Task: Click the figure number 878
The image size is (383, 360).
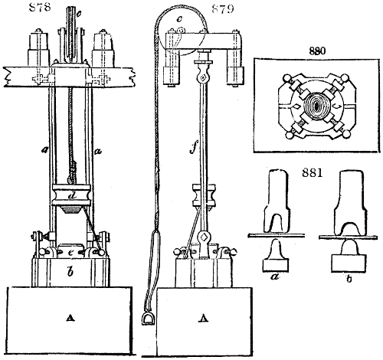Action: [40, 7]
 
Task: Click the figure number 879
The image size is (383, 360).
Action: [223, 9]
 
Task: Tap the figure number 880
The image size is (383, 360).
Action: [317, 51]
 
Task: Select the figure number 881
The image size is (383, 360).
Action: [312, 173]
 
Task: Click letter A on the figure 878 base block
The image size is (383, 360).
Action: [70, 318]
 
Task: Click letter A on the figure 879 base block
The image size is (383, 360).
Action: [204, 318]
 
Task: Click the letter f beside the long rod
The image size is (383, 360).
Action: [193, 147]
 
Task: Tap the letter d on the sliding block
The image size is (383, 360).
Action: [72, 196]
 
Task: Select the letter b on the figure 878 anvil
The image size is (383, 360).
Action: [70, 272]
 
